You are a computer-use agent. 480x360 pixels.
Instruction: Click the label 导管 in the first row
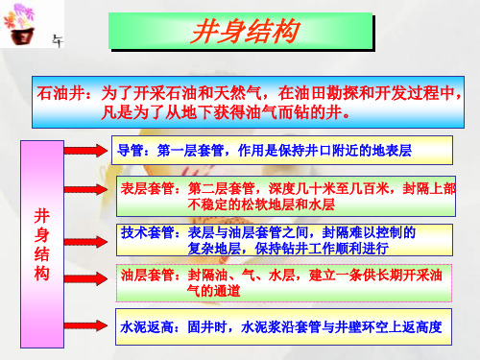[128, 151]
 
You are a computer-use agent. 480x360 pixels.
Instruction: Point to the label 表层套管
[148, 189]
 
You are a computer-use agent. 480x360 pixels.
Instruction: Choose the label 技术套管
[148, 232]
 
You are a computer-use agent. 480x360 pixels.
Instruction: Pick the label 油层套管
[148, 274]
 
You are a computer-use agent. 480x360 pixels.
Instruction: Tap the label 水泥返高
[148, 326]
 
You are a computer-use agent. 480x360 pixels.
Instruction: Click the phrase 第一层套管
[177, 151]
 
